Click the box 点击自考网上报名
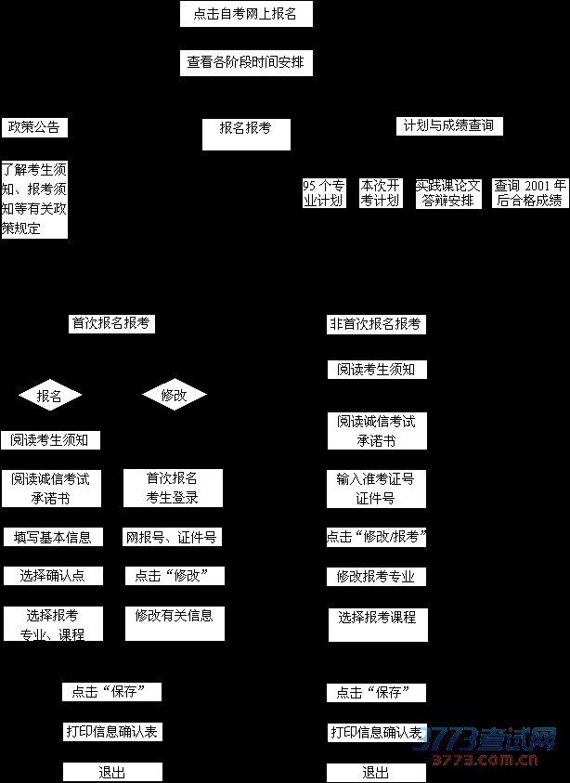[246, 14]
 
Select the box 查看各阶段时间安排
[246, 63]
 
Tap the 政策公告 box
[35, 127]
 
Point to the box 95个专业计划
[324, 193]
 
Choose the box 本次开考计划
[380, 193]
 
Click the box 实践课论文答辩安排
[448, 193]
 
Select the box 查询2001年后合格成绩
[529, 193]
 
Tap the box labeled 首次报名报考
[111, 324]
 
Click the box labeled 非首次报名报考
[376, 325]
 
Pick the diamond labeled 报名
[50, 396]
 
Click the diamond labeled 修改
[174, 396]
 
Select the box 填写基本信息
[52, 537]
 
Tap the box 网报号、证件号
[173, 537]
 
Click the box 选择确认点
[52, 576]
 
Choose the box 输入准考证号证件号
[376, 489]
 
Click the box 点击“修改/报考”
[376, 537]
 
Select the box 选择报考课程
[377, 624]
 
